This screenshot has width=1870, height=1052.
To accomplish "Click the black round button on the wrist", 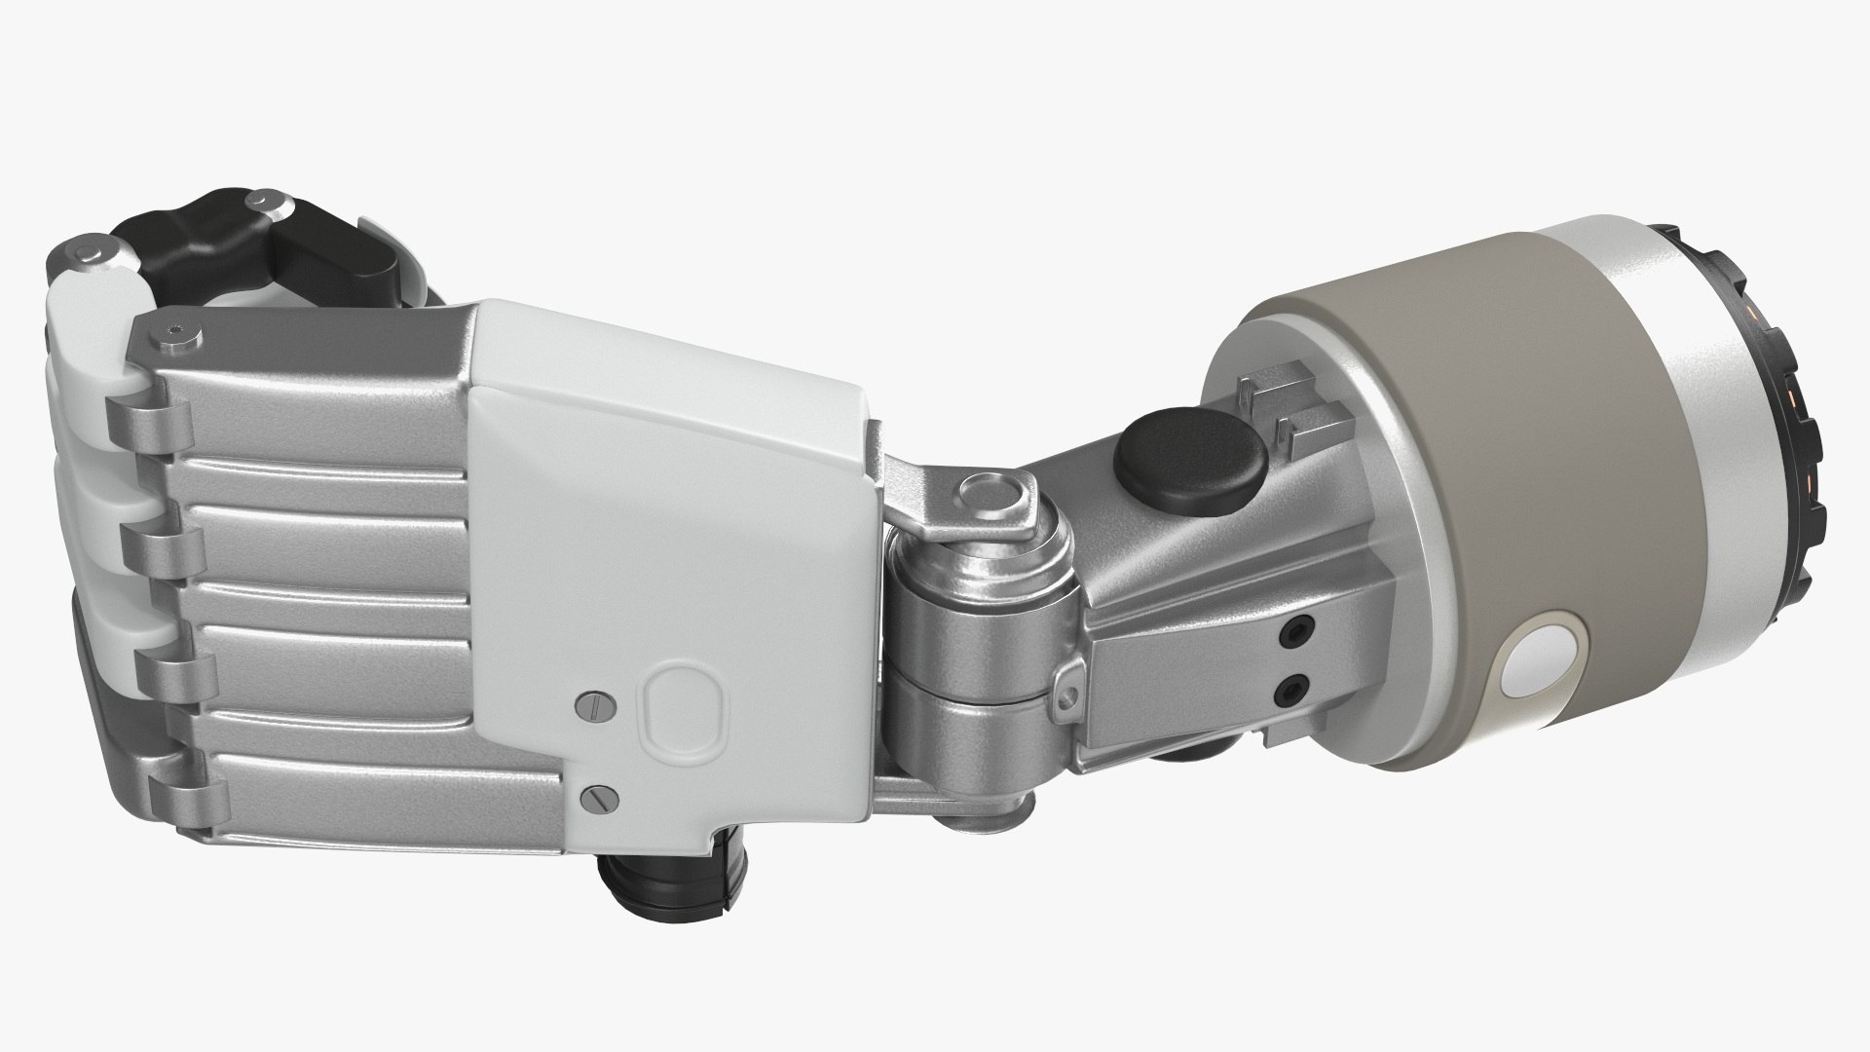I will point(1191,471).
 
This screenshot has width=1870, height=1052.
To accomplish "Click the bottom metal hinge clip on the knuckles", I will point(180,794).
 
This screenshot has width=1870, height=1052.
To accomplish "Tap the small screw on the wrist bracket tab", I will point(1066,695).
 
